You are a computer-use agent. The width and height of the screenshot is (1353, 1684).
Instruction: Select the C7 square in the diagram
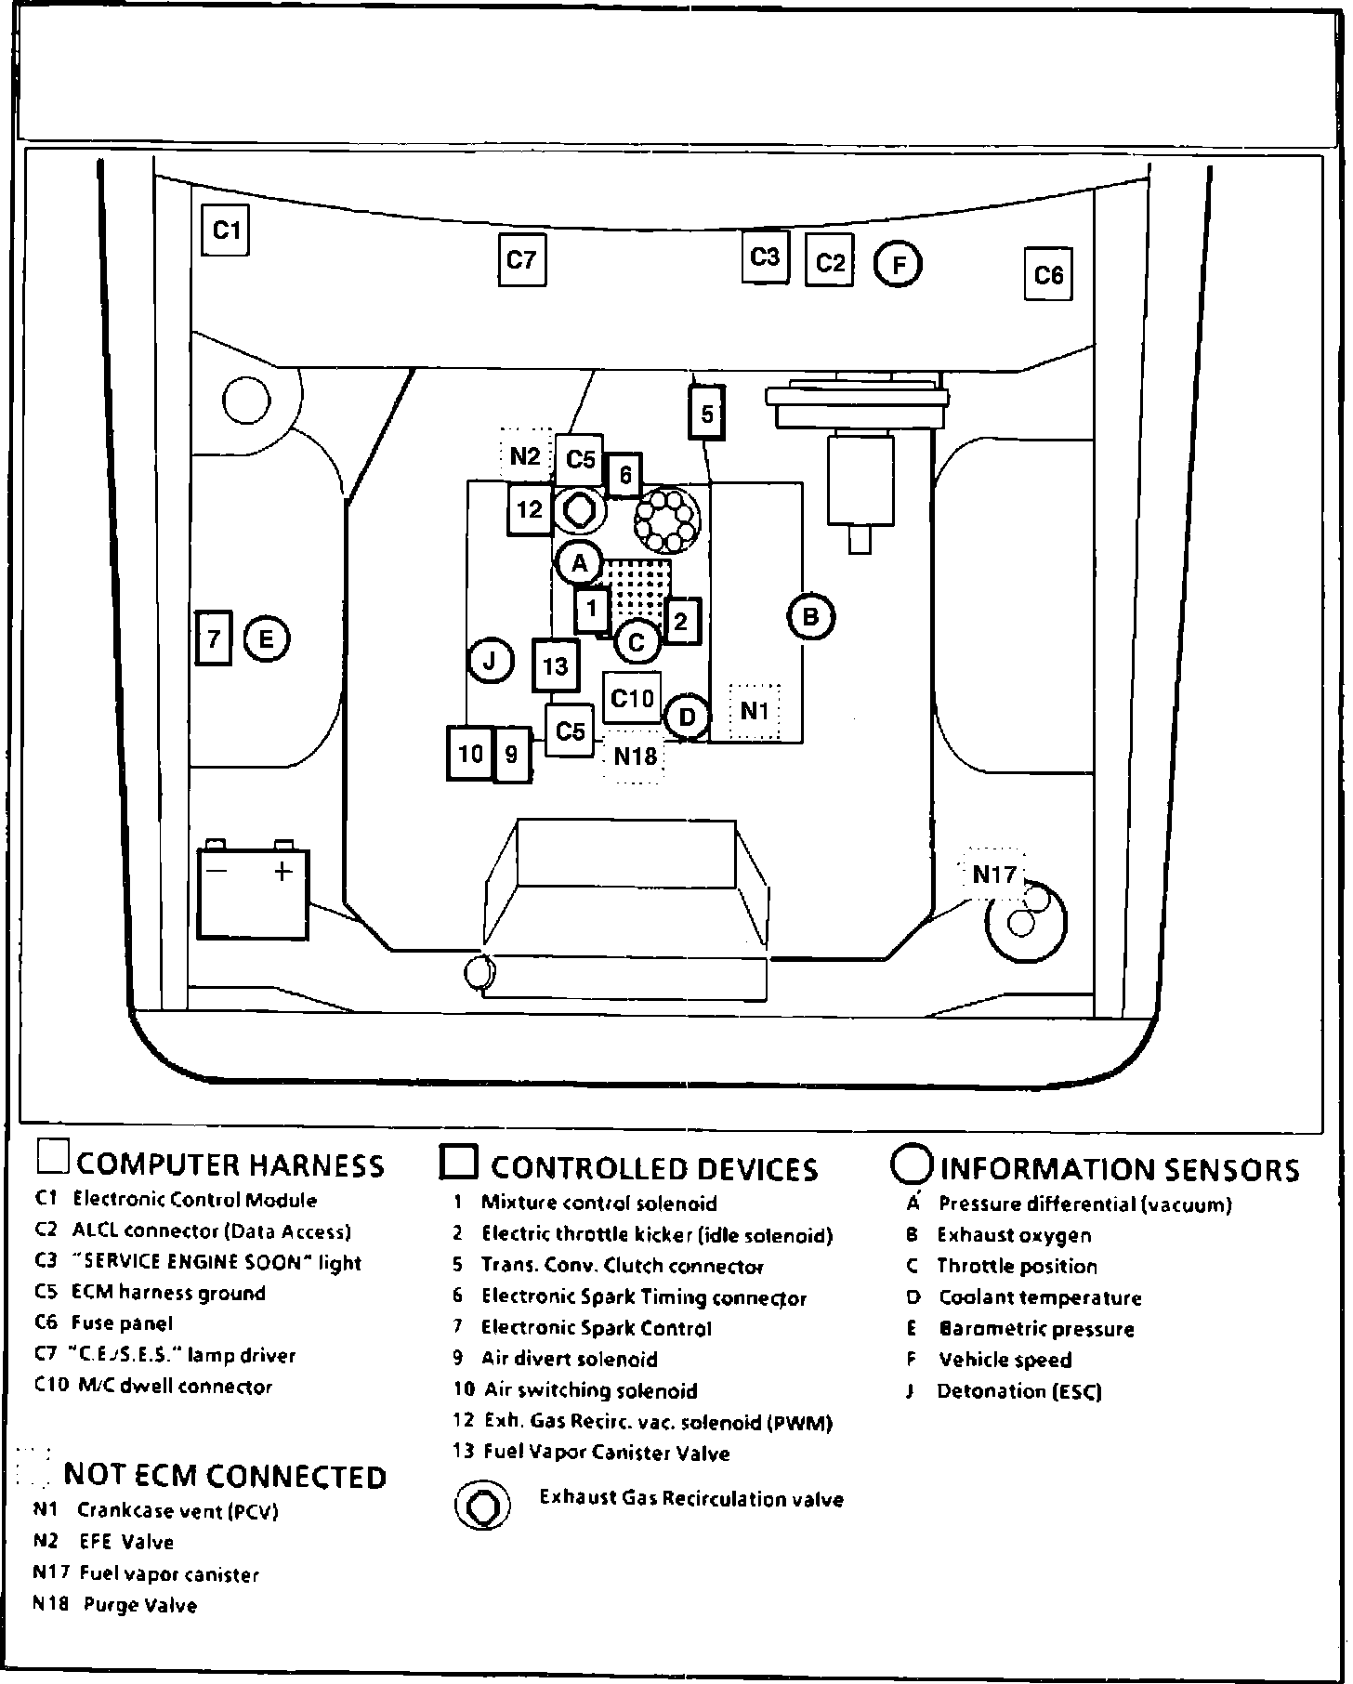[521, 260]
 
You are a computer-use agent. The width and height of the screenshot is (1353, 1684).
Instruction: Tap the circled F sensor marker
[898, 265]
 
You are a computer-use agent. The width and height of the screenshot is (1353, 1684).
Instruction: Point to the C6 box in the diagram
[1048, 275]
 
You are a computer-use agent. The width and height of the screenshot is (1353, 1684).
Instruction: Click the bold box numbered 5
[707, 414]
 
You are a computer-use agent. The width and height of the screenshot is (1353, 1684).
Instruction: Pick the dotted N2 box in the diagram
[525, 456]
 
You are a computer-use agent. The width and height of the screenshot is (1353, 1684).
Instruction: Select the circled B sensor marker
[810, 616]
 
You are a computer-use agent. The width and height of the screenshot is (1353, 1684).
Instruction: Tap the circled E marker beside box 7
[267, 639]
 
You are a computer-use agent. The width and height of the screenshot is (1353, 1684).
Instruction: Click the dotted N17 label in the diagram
[994, 875]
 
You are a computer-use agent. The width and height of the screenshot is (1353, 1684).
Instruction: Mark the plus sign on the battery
[283, 871]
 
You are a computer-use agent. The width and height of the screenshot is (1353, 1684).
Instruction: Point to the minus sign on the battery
[217, 871]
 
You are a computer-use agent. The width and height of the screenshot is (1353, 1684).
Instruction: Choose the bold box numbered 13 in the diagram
[555, 666]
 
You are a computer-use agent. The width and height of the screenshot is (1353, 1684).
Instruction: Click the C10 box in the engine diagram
[632, 697]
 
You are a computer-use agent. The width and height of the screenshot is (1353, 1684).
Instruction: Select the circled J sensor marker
[491, 662]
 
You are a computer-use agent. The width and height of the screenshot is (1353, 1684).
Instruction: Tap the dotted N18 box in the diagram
[636, 756]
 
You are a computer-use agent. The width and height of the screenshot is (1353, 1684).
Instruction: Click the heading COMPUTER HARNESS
[230, 1165]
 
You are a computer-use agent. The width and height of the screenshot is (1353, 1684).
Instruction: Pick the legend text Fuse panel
[122, 1323]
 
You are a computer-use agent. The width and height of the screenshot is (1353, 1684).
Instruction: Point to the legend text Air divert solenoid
[569, 1360]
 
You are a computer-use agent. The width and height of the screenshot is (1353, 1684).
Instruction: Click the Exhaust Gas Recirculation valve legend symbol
[482, 1505]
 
